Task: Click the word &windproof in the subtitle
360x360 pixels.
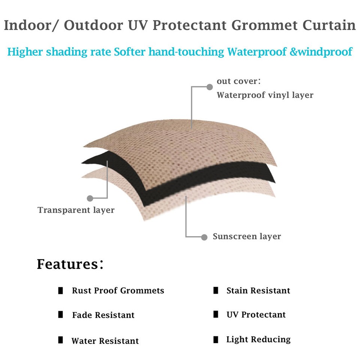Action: [x=321, y=51]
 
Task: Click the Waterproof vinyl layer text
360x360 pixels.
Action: [x=265, y=95]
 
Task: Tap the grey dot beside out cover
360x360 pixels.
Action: [x=210, y=87]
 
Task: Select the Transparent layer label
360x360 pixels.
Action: [x=76, y=210]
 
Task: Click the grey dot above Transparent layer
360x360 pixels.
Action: [x=90, y=198]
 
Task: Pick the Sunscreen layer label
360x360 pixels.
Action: [x=247, y=237]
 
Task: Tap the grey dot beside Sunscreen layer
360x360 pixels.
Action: [x=204, y=237]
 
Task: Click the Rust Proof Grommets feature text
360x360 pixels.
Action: [x=118, y=291]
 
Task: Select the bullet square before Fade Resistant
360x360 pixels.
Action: [x=60, y=315]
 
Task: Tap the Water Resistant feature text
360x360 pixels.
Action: [x=105, y=341]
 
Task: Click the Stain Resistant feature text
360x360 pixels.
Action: [x=258, y=291]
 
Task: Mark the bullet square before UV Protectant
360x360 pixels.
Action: [x=216, y=314]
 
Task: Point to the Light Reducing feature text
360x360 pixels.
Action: [x=258, y=340]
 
